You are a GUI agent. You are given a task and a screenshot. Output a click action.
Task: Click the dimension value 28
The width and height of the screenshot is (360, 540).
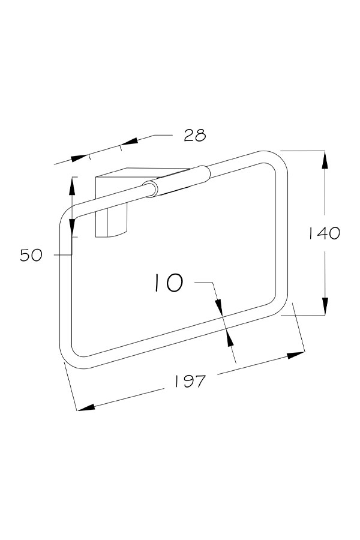point(194,135)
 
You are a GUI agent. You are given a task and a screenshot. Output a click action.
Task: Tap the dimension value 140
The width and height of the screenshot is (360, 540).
point(323,233)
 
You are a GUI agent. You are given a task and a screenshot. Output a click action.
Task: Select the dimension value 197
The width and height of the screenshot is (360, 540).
point(190,381)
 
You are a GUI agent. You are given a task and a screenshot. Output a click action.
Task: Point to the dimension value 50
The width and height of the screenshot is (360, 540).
point(31,255)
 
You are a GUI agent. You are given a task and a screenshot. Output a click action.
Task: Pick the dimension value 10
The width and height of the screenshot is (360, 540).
point(169,283)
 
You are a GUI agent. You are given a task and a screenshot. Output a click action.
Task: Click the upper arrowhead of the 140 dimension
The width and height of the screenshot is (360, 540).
point(325,160)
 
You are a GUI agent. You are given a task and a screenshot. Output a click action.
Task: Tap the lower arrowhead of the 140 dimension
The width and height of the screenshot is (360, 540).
point(325,306)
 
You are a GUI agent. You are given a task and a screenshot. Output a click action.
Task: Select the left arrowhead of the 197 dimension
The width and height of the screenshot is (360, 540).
point(86,407)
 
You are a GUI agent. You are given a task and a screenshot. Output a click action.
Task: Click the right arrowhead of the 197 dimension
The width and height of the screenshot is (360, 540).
point(296,355)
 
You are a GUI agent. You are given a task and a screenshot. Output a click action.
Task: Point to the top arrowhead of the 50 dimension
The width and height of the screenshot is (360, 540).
point(72,185)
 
